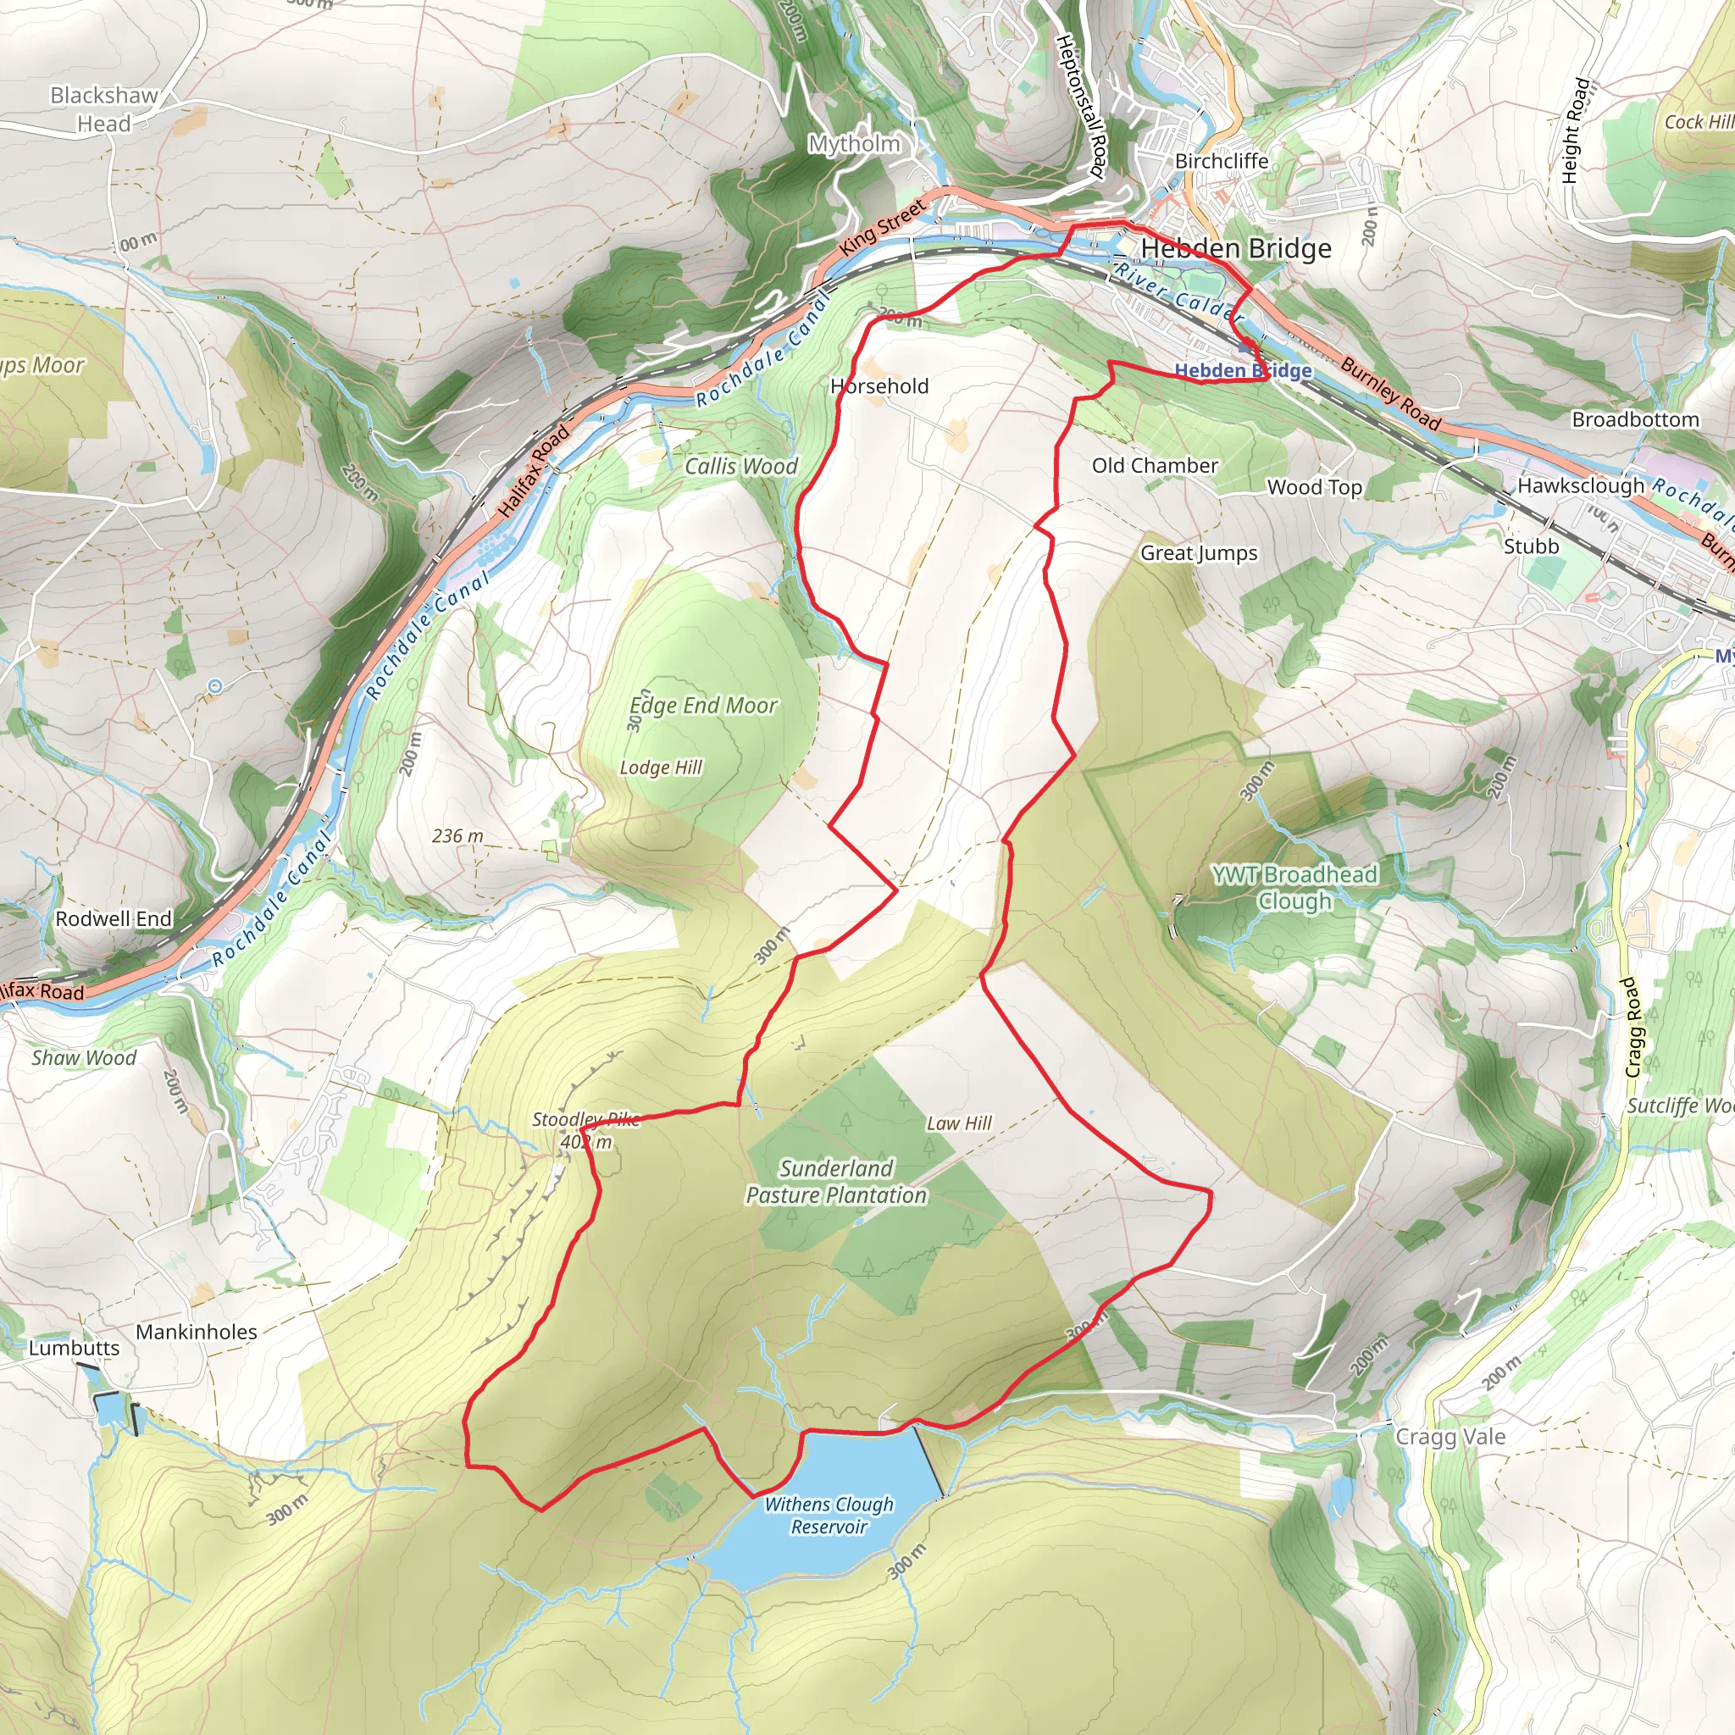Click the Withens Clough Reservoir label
829,1515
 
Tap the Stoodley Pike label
585,1119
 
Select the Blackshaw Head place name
104,108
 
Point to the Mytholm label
854,144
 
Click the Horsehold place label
879,386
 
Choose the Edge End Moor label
703,706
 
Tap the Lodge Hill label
661,768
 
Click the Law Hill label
959,1123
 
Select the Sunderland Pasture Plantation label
836,1182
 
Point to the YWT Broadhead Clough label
1294,887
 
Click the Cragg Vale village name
1450,1437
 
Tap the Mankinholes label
197,1332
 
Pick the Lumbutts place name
74,1348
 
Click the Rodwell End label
114,918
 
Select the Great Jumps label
1199,553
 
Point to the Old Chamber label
1155,465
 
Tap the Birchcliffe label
1222,161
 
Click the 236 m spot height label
457,836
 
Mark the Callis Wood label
741,466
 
